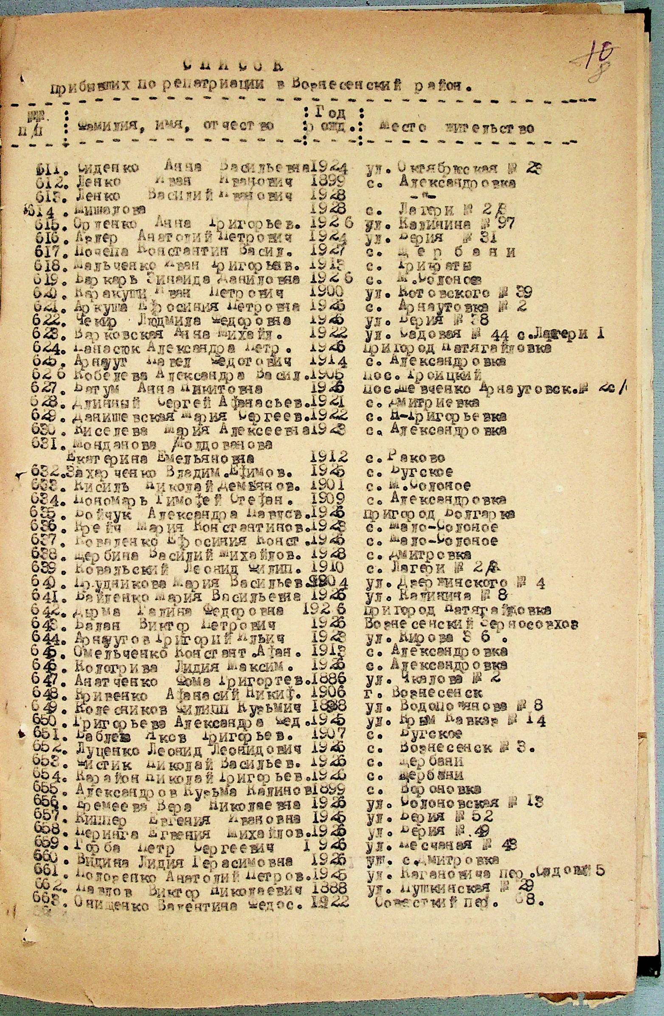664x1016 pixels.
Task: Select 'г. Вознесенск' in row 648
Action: tap(425, 692)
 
